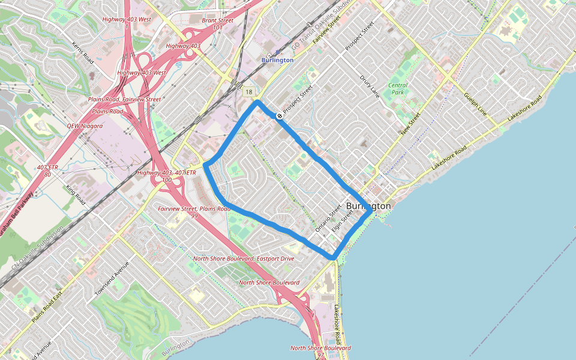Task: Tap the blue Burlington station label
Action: point(277,60)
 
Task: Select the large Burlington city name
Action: point(368,206)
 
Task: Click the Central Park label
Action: point(397,89)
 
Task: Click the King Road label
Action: point(76,196)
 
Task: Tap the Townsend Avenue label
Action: point(112,280)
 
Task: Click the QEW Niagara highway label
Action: point(85,126)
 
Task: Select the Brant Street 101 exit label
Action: point(217,23)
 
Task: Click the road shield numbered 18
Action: point(248,92)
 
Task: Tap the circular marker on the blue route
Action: point(280,115)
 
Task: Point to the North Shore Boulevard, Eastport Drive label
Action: point(244,259)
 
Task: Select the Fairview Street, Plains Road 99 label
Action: point(194,212)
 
